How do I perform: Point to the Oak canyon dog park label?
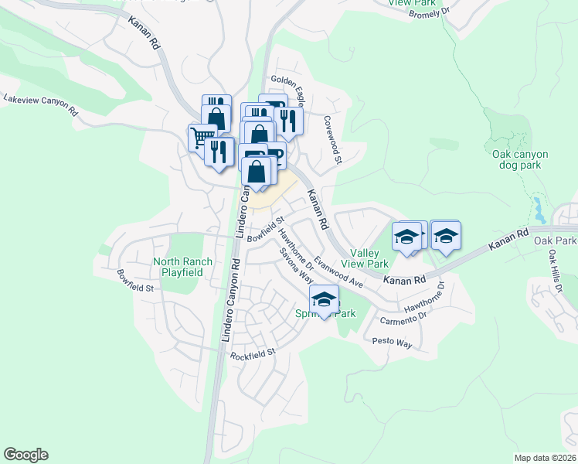pos(520,159)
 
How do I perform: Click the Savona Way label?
pos(296,267)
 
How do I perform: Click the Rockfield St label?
pos(253,354)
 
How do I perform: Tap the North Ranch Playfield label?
pos(178,267)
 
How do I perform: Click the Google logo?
pos(25,455)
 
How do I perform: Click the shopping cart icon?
pos(202,138)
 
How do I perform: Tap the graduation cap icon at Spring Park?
pos(325,300)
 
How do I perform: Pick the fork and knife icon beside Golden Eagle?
pos(288,119)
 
